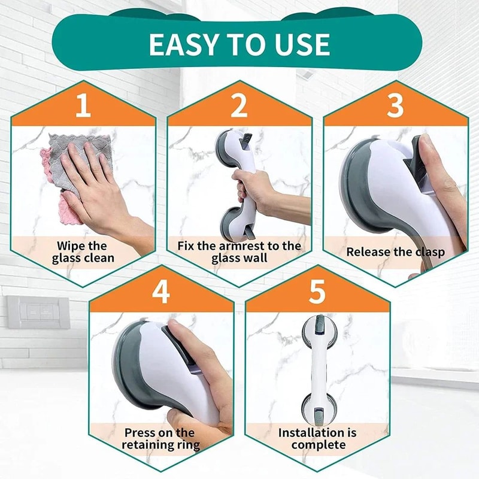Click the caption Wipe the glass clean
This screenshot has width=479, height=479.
tap(83, 252)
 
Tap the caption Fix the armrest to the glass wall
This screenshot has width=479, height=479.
tap(239, 252)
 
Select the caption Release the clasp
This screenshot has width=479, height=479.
tap(395, 252)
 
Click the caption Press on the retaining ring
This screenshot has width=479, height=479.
tap(160, 439)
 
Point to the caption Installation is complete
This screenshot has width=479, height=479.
tap(317, 439)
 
